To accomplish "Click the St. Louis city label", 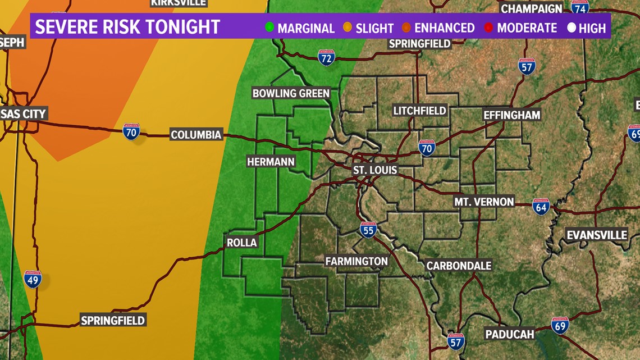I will point(375,170).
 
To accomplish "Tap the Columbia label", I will point(196,135).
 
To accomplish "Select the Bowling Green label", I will point(291,93).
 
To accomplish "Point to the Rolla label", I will point(241,243).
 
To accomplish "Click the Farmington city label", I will point(356,261).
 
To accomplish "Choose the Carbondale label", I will point(459,266).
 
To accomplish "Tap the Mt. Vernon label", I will point(484,202).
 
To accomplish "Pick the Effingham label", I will point(512,115).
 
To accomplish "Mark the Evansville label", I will point(597,235).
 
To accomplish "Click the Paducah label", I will point(510,335).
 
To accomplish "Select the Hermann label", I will point(271,162).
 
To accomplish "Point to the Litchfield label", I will point(419,111).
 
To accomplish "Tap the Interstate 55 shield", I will point(368,229).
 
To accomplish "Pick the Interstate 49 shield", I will point(33,279).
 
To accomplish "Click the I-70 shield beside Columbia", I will point(131,133).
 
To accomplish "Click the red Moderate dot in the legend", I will point(488,27).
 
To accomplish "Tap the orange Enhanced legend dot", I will point(406,27).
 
